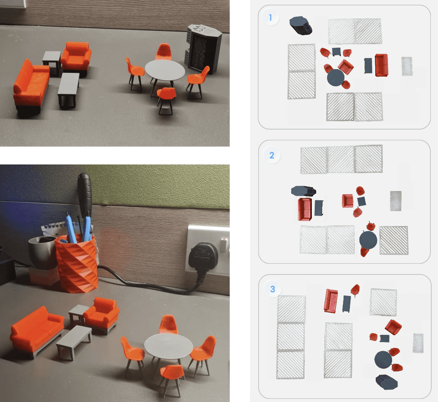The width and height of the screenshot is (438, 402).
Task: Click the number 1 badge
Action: [271, 17]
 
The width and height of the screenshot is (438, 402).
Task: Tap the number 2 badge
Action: [272, 155]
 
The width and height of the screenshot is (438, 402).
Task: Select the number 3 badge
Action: [273, 289]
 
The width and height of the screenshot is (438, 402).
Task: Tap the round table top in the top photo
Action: [165, 70]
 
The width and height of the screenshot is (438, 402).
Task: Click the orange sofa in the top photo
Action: [31, 85]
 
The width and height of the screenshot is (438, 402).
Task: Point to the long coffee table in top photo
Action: [68, 89]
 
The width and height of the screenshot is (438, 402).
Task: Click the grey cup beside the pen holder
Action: [42, 252]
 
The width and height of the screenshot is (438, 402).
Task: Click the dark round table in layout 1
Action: [336, 78]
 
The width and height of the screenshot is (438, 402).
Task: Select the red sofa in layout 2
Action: [305, 209]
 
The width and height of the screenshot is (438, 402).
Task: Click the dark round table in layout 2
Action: [368, 240]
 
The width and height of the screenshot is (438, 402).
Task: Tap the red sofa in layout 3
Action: [331, 301]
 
